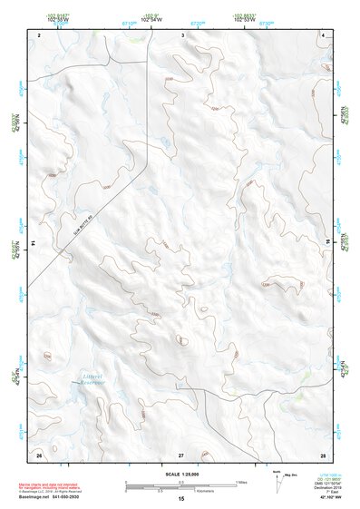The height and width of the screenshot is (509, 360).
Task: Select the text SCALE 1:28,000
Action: click(x=180, y=474)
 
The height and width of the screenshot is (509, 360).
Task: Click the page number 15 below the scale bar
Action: click(x=180, y=499)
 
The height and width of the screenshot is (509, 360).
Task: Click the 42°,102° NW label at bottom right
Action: click(x=326, y=497)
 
